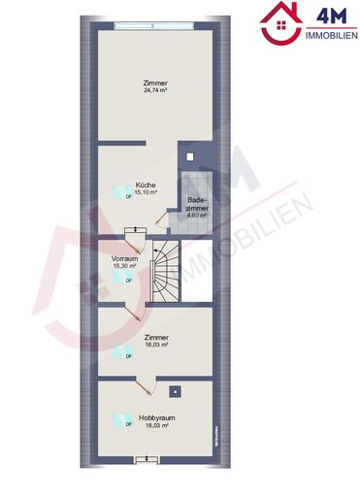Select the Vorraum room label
pyautogui.click(x=123, y=260)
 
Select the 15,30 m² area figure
pyautogui.click(x=123, y=268)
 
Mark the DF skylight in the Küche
pyautogui.click(x=124, y=192)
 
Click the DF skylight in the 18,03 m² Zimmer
pyautogui.click(x=123, y=352)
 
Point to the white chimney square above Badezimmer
pyautogui.click(x=191, y=157)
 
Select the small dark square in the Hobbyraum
pyautogui.click(x=175, y=391)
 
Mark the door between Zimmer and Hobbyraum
pyautogui.click(x=146, y=383)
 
